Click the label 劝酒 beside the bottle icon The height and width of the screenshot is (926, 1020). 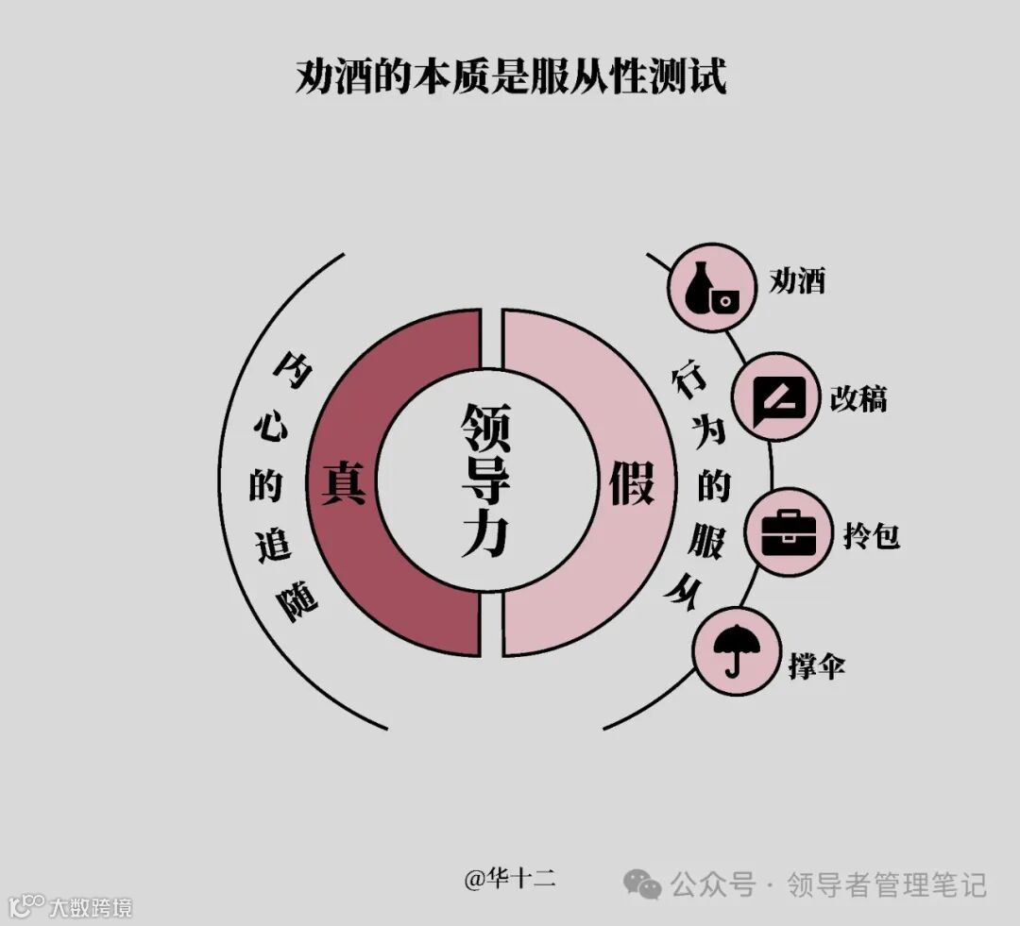coord(797,279)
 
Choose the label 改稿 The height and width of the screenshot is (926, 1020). coord(858,397)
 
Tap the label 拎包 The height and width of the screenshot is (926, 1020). coord(870,535)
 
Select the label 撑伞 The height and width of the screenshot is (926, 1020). coord(816,665)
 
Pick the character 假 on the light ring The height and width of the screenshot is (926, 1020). coord(631,481)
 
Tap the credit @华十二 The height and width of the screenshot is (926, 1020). coord(509,879)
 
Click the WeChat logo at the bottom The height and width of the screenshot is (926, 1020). coord(642,884)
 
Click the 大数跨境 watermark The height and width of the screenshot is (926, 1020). coord(90,907)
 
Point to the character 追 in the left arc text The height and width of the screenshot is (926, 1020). coord(273,545)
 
